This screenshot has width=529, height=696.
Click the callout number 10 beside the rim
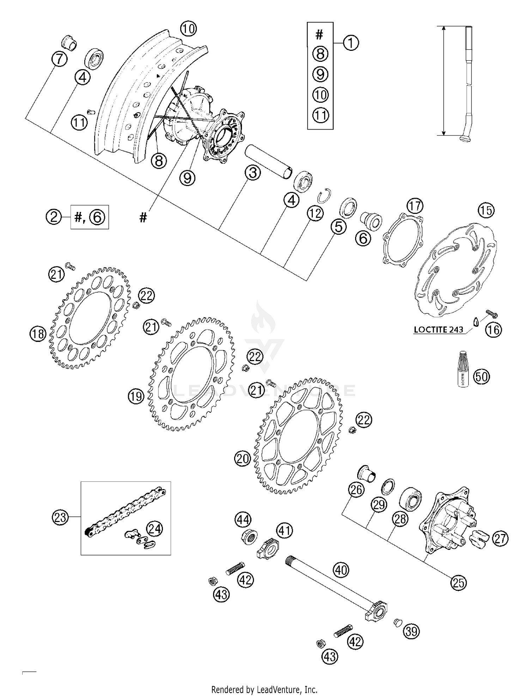[189, 29]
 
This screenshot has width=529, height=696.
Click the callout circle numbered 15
[486, 211]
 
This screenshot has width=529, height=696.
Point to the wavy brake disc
[455, 268]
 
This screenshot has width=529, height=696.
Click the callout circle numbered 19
[136, 396]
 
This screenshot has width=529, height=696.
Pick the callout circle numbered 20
[242, 458]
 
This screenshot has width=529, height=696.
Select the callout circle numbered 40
[341, 570]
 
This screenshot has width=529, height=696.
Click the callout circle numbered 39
[412, 631]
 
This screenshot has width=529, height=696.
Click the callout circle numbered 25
[458, 583]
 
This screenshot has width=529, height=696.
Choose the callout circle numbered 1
[351, 43]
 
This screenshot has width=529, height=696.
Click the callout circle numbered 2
[54, 217]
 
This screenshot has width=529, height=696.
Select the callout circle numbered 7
[59, 59]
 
